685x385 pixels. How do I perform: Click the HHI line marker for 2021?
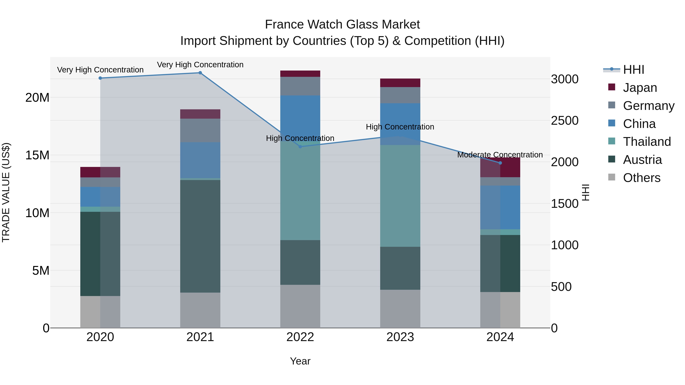[200, 73]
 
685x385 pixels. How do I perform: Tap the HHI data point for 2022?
[300, 147]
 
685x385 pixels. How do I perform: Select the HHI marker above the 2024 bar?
[500, 163]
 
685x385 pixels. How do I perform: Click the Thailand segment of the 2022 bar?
[300, 191]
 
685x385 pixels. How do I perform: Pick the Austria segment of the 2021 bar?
[200, 237]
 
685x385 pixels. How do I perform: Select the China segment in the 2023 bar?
[400, 117]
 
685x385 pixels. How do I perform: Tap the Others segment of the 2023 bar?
[400, 309]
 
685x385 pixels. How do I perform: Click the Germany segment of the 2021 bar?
[200, 130]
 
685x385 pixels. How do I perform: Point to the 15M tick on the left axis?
[37, 155]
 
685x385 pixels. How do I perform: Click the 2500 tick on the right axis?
[564, 121]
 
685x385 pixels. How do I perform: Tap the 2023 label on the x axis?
[400, 337]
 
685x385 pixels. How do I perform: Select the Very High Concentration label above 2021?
[200, 65]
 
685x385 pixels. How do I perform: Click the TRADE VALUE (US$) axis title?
[6, 192]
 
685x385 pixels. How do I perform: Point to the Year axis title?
[300, 361]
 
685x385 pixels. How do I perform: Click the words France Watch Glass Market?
[342, 25]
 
